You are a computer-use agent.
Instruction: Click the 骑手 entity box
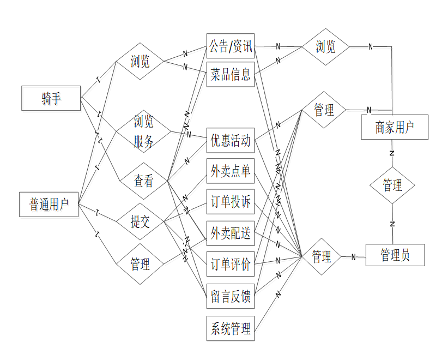(51, 98)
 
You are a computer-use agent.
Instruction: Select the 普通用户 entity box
(49, 205)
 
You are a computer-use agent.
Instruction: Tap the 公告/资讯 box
(231, 47)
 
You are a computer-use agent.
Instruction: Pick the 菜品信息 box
(231, 75)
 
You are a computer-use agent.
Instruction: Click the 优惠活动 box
(231, 141)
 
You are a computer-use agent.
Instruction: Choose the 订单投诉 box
(231, 202)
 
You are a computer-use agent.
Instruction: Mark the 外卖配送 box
(231, 233)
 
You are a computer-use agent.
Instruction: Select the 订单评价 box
(231, 265)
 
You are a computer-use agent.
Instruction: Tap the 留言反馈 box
(231, 297)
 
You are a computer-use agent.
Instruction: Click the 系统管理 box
(231, 328)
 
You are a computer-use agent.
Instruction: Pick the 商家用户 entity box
(394, 128)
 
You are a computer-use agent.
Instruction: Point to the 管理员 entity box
(395, 255)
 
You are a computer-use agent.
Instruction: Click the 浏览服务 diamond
(143, 132)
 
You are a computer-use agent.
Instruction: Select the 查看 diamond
(143, 181)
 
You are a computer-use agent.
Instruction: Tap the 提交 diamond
(140, 221)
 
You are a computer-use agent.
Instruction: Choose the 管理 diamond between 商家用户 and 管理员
(392, 185)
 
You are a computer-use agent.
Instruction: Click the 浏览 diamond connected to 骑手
(140, 61)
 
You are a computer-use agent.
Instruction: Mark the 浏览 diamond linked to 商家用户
(325, 47)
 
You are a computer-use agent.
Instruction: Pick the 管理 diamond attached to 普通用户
(140, 265)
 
